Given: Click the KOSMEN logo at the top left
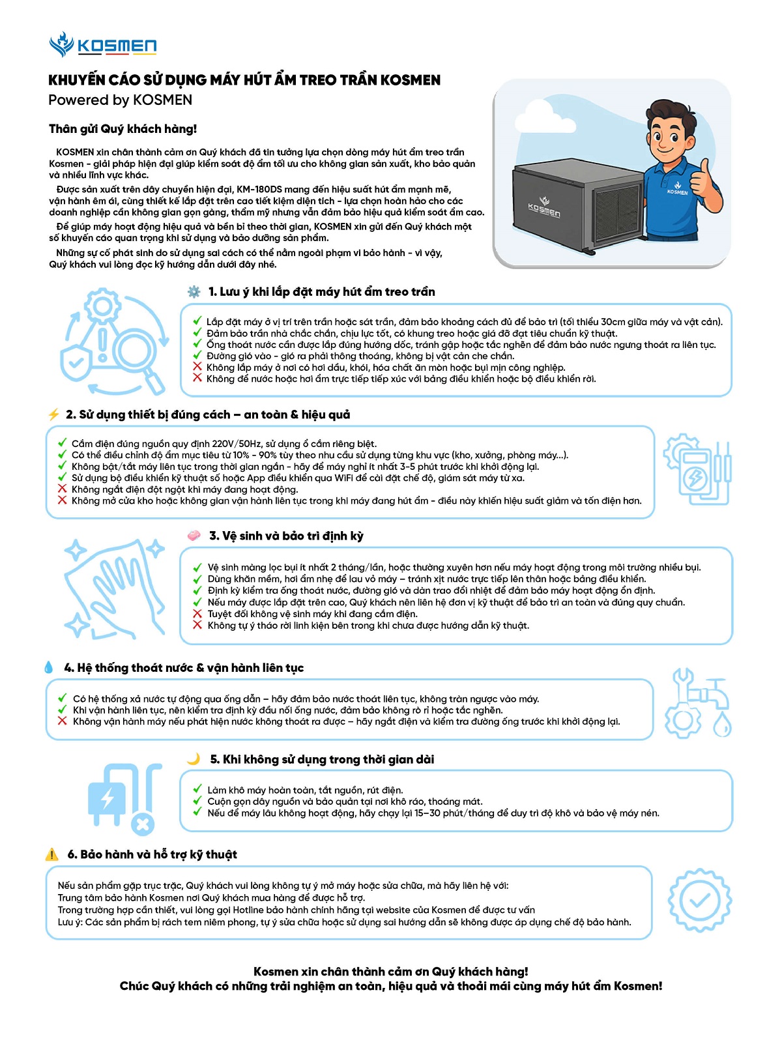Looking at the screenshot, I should [103, 45].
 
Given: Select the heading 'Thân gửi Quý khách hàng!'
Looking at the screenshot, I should [123, 129].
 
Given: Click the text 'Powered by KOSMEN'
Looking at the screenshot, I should [120, 100].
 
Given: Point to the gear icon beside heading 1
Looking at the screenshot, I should [194, 292].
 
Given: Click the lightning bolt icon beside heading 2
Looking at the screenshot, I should [53, 415].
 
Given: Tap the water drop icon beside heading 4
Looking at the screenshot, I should [49, 667].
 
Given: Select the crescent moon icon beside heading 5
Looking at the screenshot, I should [194, 759].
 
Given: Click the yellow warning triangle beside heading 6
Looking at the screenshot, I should [52, 854].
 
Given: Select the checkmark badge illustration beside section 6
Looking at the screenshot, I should [699, 901].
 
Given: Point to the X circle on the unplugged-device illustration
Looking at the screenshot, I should [142, 824].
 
